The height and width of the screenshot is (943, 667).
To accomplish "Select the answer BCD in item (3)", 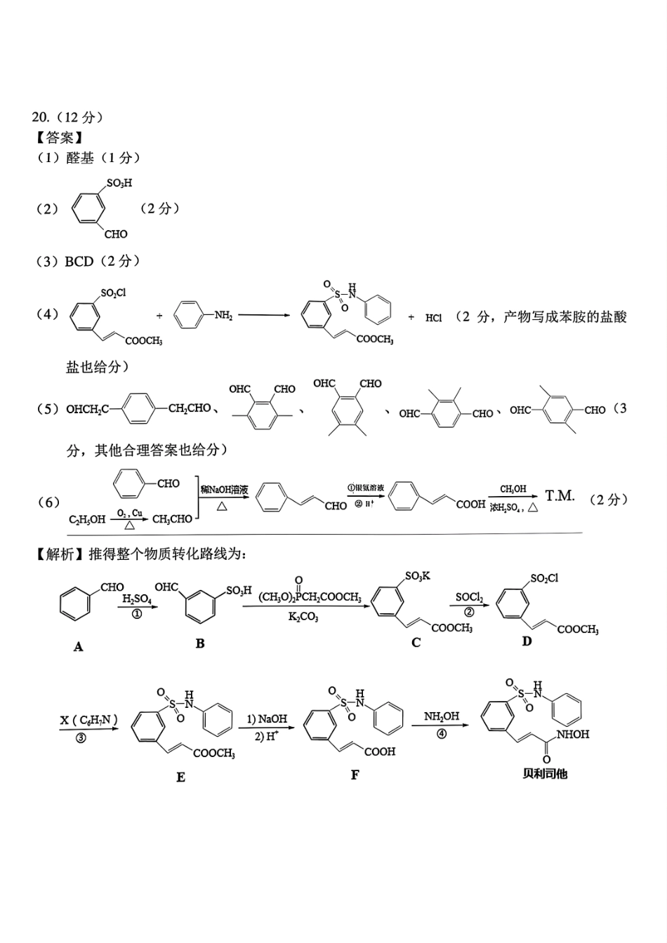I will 79,262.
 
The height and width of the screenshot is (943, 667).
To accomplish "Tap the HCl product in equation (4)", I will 433,318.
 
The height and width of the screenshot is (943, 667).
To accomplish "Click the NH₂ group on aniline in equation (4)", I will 223,316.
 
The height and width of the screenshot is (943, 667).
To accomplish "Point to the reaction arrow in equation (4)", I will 264,315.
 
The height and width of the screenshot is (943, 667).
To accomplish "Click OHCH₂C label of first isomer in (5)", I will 87,409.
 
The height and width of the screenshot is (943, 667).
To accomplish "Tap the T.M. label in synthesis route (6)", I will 560,496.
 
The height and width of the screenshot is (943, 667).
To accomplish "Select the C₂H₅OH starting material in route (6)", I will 87,519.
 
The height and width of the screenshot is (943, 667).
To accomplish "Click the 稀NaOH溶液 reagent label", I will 224,490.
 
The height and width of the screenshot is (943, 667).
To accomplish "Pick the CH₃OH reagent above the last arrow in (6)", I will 513,489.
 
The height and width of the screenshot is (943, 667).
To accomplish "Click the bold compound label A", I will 78,647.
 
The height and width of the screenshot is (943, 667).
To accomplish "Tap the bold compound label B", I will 200,644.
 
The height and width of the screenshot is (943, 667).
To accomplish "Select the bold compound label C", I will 416,643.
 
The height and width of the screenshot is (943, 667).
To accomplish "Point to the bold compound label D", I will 527,641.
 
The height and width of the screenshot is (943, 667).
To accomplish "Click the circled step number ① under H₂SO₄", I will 137,613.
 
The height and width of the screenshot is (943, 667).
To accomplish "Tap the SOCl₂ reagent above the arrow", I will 469,598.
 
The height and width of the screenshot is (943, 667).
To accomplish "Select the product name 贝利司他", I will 545,774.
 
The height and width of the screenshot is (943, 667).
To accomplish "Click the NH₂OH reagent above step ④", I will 442,716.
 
